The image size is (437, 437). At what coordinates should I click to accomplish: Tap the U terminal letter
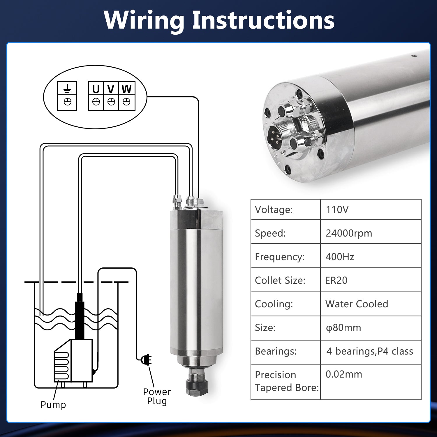(96, 89)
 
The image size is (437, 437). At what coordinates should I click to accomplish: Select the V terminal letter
(111, 89)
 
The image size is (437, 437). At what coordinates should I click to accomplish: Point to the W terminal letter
(127, 89)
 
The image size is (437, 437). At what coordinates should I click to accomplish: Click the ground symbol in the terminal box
(67, 89)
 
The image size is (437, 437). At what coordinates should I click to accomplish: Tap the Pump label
(53, 405)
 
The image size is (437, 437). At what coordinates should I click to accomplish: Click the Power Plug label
(157, 396)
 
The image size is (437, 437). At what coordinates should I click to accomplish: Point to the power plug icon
(146, 360)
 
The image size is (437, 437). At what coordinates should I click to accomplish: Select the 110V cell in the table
(337, 209)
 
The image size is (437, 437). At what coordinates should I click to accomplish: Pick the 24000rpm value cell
(349, 233)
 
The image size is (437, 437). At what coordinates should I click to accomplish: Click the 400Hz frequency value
(340, 257)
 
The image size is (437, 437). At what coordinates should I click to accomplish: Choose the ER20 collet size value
(336, 280)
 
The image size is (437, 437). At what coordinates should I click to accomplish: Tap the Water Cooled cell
(357, 304)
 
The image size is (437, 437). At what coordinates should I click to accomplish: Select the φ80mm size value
(343, 328)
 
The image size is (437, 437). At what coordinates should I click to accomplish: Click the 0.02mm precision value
(344, 374)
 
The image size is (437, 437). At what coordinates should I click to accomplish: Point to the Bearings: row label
(276, 351)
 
